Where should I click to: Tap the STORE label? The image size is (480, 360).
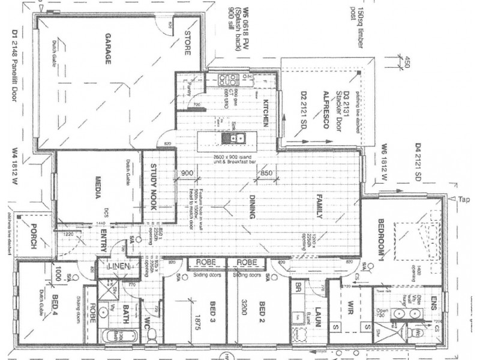(x=188, y=43)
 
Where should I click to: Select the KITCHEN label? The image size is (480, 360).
(x=264, y=113)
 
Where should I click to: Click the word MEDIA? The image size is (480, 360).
(x=95, y=188)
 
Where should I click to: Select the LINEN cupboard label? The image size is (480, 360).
(x=116, y=266)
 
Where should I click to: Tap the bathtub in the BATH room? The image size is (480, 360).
(x=114, y=337)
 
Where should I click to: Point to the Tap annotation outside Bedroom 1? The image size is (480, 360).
(x=463, y=199)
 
